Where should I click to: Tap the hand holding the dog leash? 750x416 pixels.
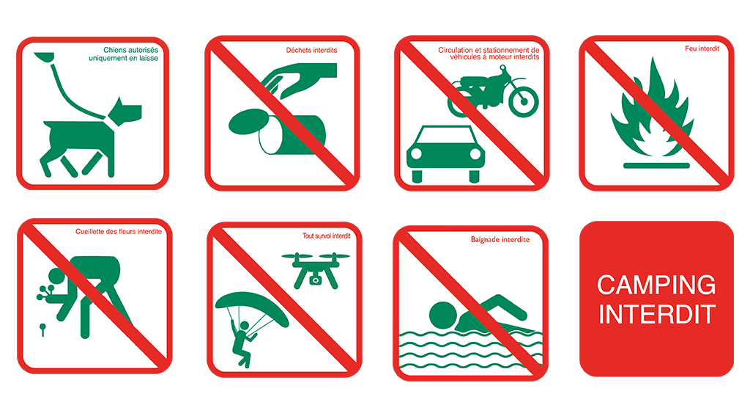[43, 57]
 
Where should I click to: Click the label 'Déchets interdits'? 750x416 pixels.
[311, 50]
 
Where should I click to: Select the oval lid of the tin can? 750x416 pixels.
[249, 122]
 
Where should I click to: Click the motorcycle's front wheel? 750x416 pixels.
[523, 101]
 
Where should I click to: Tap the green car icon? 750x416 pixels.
[445, 154]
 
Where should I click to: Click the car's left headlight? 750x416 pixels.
[417, 154]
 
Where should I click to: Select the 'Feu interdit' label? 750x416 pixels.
[702, 48]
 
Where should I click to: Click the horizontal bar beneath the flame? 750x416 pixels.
[656, 166]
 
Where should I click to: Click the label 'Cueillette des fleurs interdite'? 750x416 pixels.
[119, 232]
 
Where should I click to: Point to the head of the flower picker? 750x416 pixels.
[56, 277]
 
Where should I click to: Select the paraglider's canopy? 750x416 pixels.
[252, 307]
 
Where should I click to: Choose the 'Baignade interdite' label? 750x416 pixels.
[500, 239]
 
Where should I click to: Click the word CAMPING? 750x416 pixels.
[656, 285]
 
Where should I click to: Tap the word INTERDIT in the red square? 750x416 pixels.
[657, 314]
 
